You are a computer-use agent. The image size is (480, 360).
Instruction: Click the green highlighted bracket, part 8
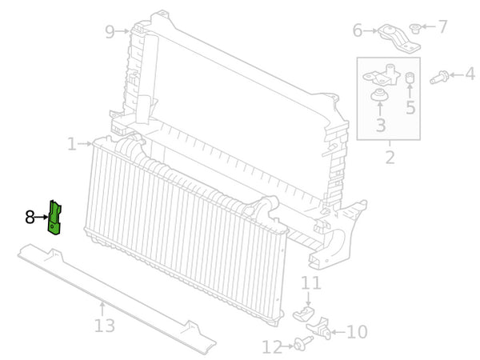(x=56, y=218)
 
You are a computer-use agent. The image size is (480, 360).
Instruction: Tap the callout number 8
(x=30, y=217)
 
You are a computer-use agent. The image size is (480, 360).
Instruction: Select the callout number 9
(x=110, y=31)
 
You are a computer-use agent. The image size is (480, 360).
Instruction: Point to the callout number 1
(x=72, y=144)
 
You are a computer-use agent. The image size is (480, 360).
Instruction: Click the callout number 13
(x=104, y=326)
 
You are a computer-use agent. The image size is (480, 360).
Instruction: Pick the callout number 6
(x=358, y=30)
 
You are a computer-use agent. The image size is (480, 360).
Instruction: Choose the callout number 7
(x=442, y=27)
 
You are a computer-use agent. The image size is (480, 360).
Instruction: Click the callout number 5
(x=410, y=107)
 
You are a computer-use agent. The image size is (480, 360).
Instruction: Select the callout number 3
(x=380, y=125)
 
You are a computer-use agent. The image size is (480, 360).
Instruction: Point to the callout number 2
(x=390, y=157)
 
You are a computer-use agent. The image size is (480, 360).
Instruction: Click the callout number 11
(x=310, y=282)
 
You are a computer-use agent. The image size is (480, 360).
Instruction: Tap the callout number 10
(x=357, y=331)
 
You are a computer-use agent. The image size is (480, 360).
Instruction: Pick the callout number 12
(x=272, y=347)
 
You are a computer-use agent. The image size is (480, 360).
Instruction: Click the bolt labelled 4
(x=438, y=78)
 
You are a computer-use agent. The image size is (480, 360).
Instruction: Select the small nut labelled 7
(x=414, y=30)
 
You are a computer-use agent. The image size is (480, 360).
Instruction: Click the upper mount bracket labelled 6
(x=395, y=37)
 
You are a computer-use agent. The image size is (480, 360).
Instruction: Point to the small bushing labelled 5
(x=410, y=78)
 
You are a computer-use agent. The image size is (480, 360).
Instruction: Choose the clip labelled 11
(x=305, y=311)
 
